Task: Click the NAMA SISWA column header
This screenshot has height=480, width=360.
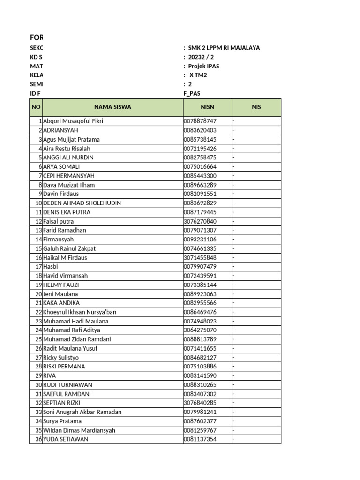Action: (112, 107)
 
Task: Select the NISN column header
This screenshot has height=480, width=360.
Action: (207, 107)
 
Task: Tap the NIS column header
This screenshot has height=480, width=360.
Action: (256, 107)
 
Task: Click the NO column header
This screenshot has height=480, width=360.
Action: (36, 107)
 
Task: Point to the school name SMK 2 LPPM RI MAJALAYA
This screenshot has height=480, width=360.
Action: (224, 48)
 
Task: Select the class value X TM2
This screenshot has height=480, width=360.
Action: (198, 75)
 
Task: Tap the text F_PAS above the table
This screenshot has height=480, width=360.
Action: (192, 93)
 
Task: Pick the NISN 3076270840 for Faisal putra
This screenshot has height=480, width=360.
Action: (200, 221)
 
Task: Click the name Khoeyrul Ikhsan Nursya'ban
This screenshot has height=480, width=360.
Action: (80, 312)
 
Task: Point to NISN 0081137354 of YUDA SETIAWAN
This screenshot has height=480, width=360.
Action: (200, 439)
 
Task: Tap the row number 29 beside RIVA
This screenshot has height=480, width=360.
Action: (38, 376)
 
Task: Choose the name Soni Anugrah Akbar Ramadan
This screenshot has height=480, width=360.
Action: (82, 412)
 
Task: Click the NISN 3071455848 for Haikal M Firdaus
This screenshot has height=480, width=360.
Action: (200, 258)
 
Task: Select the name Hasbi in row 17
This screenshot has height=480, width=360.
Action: (51, 267)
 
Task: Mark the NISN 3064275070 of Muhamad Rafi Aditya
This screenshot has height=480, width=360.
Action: (200, 330)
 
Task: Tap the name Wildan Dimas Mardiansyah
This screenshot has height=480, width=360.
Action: (79, 430)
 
